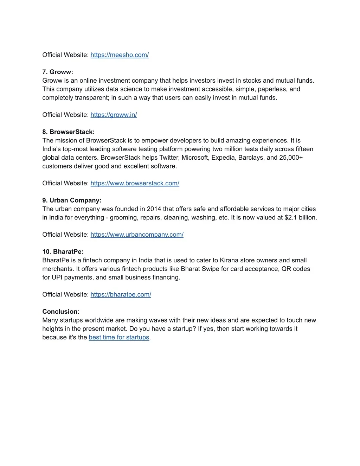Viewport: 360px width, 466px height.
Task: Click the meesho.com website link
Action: (x=120, y=55)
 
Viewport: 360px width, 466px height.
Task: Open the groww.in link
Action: (x=114, y=115)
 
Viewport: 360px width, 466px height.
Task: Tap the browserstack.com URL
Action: (x=135, y=183)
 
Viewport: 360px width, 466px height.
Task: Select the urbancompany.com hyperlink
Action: (x=137, y=235)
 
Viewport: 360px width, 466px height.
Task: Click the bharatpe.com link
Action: (x=121, y=294)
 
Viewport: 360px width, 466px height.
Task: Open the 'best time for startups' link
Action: (x=119, y=337)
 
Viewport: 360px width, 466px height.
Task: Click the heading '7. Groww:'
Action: (x=58, y=72)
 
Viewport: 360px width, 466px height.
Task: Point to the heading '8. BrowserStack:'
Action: (x=69, y=132)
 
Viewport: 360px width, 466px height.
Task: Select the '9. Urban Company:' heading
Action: (x=72, y=200)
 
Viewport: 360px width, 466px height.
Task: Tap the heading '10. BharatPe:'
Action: (x=63, y=252)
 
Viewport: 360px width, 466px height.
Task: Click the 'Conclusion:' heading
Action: (x=61, y=312)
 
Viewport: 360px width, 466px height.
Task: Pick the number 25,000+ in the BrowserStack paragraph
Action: (x=291, y=158)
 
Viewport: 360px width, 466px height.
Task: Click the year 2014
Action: (x=154, y=209)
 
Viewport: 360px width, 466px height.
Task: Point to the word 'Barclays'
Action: (x=251, y=158)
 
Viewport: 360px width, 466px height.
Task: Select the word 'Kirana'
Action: (x=229, y=260)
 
